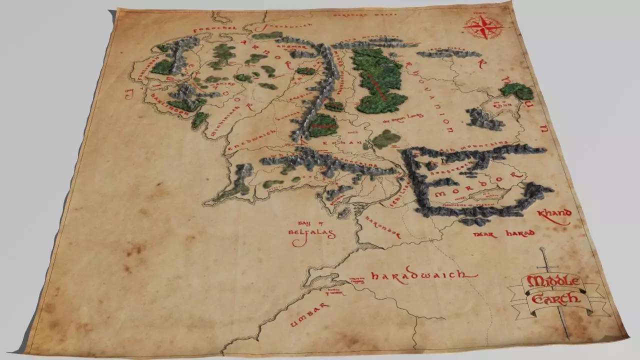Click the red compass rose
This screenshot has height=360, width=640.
tap(483, 27)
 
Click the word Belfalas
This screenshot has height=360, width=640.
tap(311, 233)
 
